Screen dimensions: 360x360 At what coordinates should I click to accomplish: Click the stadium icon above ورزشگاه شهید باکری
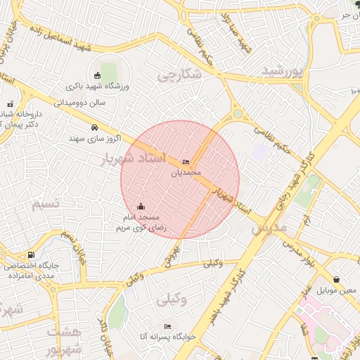[97, 75]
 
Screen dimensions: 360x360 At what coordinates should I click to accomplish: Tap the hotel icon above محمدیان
[186, 162]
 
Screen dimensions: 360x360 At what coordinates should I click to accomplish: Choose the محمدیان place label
[186, 172]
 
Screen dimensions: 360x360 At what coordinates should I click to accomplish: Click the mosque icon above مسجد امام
[141, 206]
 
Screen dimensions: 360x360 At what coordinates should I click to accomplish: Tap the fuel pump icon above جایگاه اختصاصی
[30, 255]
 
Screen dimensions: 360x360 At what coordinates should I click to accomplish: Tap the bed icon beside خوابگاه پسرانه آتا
[167, 326]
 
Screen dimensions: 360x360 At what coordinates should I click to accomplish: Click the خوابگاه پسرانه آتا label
[143, 337]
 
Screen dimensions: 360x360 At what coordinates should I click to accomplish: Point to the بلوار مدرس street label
[302, 250]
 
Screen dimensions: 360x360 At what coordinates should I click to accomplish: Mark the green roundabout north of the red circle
[238, 113]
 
